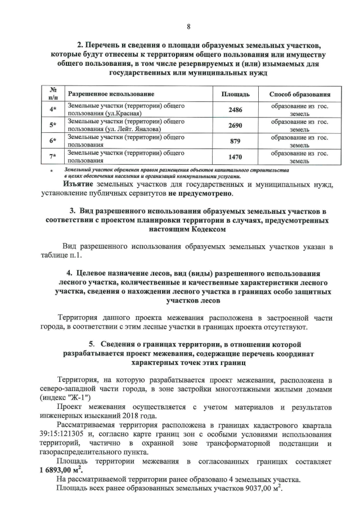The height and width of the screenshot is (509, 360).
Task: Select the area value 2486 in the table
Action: click(235, 110)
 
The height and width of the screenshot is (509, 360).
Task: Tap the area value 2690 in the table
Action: click(235, 125)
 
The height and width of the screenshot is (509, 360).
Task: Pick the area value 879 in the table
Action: click(235, 141)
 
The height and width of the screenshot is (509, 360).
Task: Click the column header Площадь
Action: click(235, 94)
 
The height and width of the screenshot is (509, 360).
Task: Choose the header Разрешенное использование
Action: click(111, 94)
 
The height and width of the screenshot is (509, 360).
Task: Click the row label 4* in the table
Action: click(53, 110)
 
